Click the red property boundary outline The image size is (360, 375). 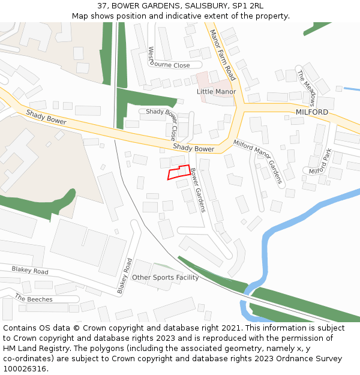(x=179, y=172)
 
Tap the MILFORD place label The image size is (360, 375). (x=312, y=112)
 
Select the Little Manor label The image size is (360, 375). (x=216, y=92)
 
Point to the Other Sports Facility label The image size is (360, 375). (x=165, y=277)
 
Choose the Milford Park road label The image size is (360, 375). (x=320, y=162)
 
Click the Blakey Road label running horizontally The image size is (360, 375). (x=29, y=271)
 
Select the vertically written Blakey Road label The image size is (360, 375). (x=124, y=276)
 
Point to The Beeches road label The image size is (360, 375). (x=34, y=299)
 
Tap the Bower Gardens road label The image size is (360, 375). (x=198, y=190)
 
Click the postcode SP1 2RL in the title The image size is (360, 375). (x=247, y=6)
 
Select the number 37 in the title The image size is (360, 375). (x=102, y=6)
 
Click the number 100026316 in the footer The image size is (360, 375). (x=24, y=368)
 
